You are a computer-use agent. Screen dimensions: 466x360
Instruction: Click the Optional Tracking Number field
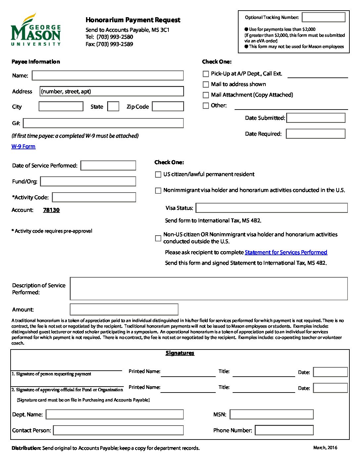tap(324, 17)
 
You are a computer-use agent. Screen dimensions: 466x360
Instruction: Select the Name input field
tap(108, 75)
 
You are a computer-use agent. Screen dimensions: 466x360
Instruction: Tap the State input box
tap(113, 106)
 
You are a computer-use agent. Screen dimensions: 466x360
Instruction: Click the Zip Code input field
tap(168, 106)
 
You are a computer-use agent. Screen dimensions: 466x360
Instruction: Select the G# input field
tap(103, 123)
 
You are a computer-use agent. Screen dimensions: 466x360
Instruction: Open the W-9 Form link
tap(23, 146)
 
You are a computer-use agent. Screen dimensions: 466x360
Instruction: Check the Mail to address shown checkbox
tap(206, 84)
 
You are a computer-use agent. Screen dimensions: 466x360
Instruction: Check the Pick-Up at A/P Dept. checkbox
tap(206, 74)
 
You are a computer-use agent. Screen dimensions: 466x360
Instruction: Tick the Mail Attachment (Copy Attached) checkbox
tap(206, 95)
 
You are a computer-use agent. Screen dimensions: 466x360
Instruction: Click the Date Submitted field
tap(316, 118)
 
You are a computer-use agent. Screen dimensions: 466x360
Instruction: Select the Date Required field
tap(316, 134)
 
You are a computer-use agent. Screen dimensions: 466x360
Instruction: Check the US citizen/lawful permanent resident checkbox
tap(158, 174)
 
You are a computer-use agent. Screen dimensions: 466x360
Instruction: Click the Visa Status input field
tap(272, 208)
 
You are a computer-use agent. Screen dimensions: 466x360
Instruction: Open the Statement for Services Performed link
tap(286, 252)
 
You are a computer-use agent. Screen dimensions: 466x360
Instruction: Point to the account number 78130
tap(51, 210)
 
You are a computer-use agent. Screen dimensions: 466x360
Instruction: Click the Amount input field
tap(124, 309)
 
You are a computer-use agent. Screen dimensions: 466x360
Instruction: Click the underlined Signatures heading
tap(180, 353)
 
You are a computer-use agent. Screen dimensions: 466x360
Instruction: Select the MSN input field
tap(272, 414)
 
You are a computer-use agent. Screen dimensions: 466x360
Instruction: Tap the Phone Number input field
tap(284, 430)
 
